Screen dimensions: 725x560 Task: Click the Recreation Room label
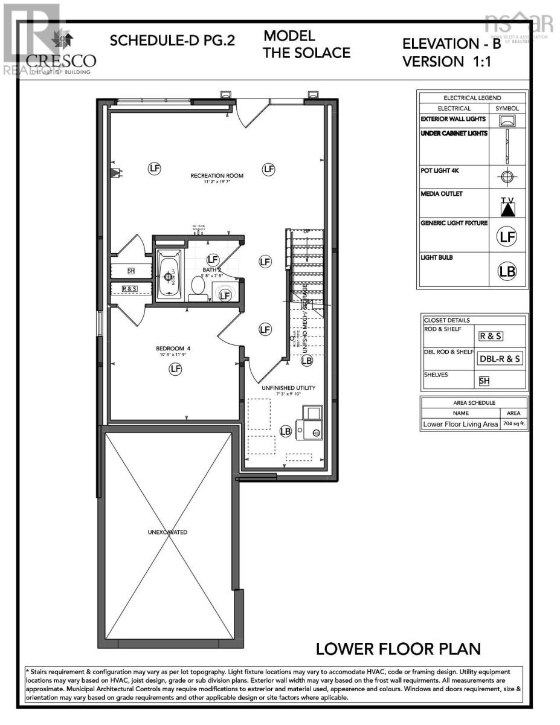click(x=217, y=176)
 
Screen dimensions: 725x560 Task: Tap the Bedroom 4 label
click(x=173, y=348)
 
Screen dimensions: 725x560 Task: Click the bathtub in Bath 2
click(x=169, y=275)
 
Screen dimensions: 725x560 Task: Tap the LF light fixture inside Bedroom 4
click(x=176, y=369)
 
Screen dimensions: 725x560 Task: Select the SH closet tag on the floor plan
click(x=131, y=271)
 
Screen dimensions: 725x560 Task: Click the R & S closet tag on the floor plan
click(x=130, y=289)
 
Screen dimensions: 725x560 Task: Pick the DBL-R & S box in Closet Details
click(x=500, y=358)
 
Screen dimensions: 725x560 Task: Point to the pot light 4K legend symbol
click(x=507, y=177)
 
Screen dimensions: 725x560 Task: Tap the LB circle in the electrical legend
click(x=507, y=271)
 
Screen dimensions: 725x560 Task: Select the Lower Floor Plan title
click(x=399, y=649)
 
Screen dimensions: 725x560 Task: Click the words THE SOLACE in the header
click(x=306, y=53)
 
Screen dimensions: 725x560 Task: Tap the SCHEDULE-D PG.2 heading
click(x=172, y=41)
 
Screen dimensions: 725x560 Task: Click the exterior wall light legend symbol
click(x=507, y=121)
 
